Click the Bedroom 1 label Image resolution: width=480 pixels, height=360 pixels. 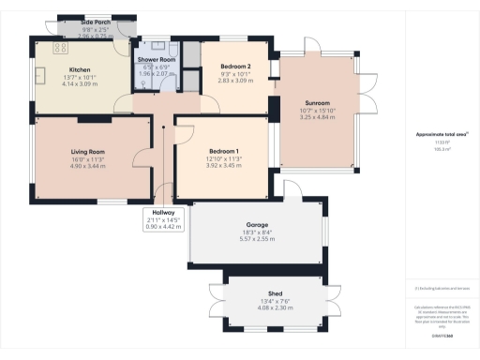tap(223, 152)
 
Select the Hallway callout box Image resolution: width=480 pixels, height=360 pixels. tap(158, 219)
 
